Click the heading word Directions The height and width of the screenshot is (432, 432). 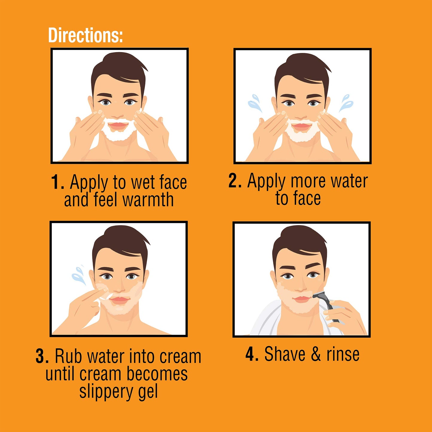pos(85,35)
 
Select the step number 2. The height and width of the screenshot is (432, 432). pos(234,181)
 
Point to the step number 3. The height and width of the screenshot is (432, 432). pos(42,356)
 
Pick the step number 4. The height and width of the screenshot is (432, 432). pos(251,354)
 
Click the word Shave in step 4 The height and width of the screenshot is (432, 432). pos(285,354)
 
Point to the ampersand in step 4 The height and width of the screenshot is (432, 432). pos(316,354)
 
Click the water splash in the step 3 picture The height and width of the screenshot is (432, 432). pos(79,274)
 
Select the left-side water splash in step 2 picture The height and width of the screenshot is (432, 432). pos(255,103)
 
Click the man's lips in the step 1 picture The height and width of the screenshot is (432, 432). pos(118,125)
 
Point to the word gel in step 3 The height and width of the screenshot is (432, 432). pos(148,392)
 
